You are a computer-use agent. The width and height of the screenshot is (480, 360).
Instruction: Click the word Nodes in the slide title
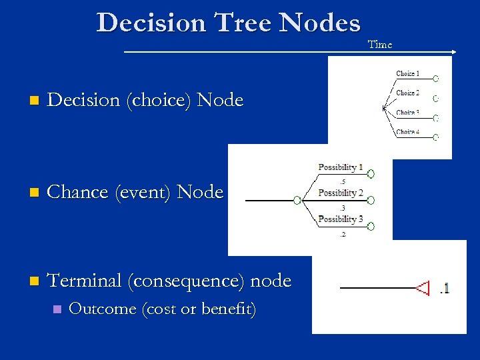(320, 23)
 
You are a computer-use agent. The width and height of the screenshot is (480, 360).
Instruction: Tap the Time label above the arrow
(380, 45)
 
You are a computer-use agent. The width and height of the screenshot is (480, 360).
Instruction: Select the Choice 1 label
(407, 74)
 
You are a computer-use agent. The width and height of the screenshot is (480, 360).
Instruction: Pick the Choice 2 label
(407, 93)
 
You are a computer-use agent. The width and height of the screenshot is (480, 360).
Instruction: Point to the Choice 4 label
(407, 132)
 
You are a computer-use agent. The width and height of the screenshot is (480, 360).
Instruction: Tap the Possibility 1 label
(341, 167)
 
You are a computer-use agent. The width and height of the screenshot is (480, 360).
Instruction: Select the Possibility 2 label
(341, 193)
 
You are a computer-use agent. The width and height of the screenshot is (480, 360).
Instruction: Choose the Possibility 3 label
(341, 219)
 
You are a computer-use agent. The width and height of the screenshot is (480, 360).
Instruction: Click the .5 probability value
(342, 181)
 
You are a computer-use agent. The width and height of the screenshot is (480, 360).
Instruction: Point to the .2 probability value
(342, 234)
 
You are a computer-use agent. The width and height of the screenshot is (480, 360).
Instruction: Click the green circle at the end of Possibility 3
(371, 227)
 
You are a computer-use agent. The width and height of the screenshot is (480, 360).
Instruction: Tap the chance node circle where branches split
(297, 200)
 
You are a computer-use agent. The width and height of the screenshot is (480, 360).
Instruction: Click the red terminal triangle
(423, 288)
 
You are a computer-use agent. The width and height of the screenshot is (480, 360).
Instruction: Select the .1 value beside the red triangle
(444, 288)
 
